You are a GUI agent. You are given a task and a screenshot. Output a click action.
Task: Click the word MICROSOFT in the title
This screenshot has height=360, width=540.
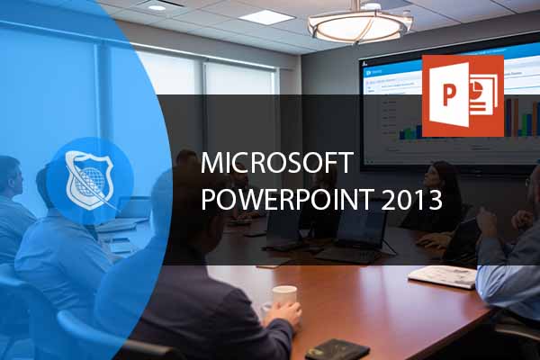coord(277,163)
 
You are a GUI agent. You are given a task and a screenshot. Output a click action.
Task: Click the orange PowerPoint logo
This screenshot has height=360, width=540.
coord(462,95)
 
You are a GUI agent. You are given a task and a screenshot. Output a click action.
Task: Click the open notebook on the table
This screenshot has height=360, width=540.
coord(442,276)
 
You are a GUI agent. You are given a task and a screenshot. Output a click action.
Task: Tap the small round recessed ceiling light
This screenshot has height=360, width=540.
coord(157,7)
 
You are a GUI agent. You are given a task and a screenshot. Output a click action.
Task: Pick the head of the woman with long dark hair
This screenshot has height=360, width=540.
coord(445,178)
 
